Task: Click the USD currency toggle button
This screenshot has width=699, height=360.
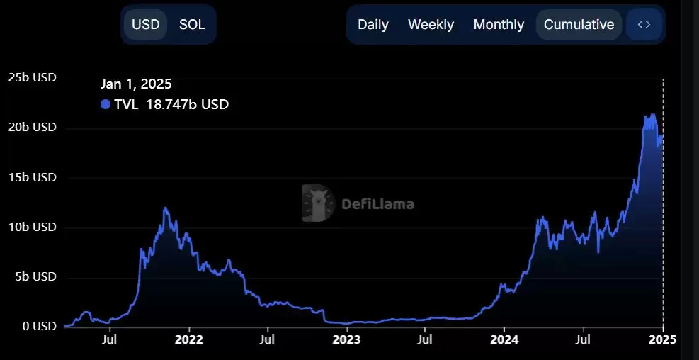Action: [x=146, y=24]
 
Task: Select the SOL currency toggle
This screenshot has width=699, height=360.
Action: [x=192, y=24]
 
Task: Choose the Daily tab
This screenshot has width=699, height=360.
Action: [x=373, y=24]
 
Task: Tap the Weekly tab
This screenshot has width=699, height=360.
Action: [x=431, y=24]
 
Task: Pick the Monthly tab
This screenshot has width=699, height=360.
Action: [x=499, y=24]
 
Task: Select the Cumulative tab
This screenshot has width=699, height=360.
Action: [x=579, y=24]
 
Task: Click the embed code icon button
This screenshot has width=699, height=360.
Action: [x=644, y=24]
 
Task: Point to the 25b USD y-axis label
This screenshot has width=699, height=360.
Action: [x=32, y=77]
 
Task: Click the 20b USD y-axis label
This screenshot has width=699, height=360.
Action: [x=32, y=128]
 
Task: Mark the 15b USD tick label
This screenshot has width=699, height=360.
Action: [x=32, y=177]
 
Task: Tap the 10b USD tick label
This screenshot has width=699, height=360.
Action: [x=32, y=227]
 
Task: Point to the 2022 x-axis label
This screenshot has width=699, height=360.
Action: [x=188, y=339]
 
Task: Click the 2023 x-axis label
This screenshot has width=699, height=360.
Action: [x=346, y=339]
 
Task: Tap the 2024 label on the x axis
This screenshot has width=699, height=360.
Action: [x=504, y=339]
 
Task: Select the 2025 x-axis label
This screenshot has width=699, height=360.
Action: [x=662, y=339]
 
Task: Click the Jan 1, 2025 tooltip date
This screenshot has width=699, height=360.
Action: [x=136, y=84]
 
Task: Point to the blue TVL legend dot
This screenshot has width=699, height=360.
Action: [x=106, y=105]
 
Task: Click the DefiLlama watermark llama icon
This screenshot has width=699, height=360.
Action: [x=318, y=204]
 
